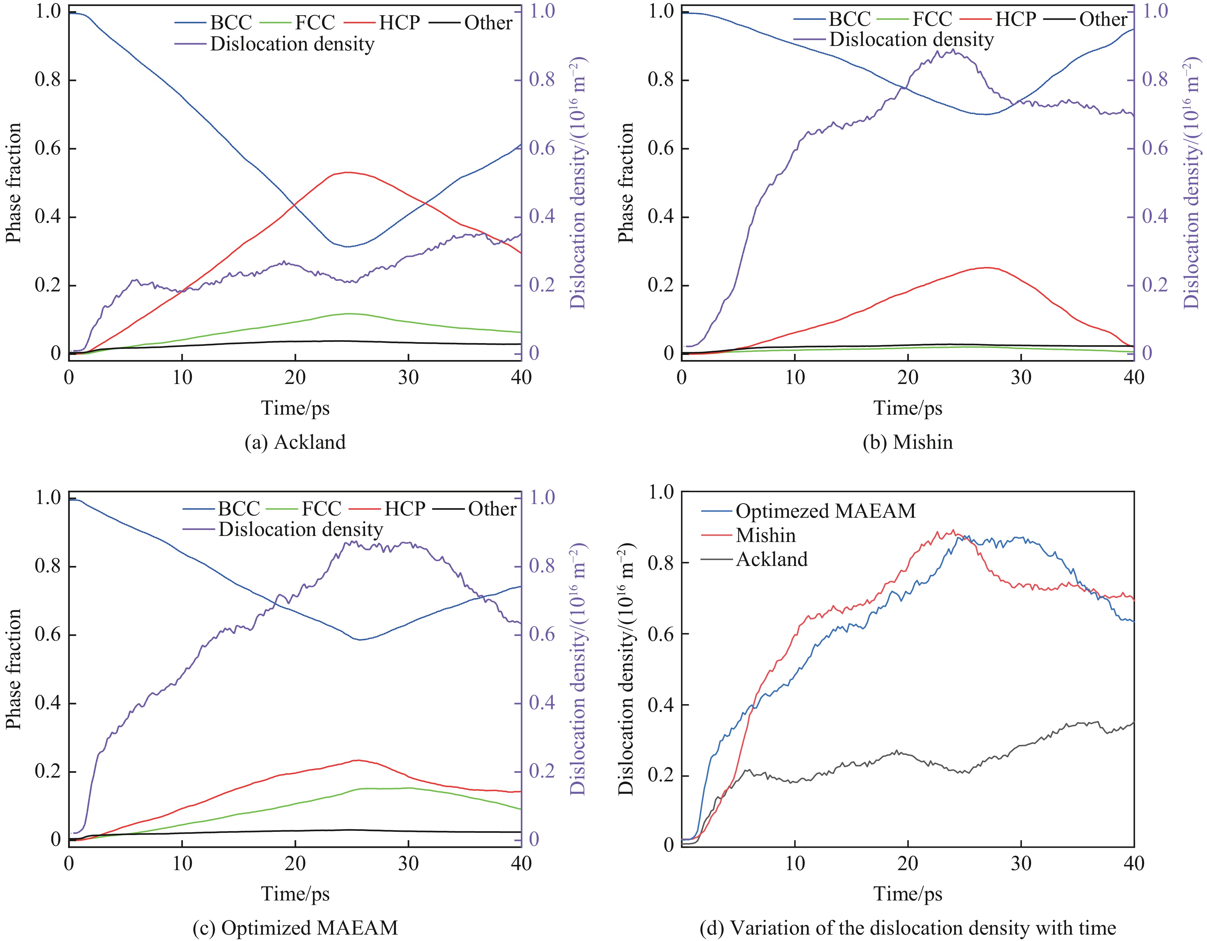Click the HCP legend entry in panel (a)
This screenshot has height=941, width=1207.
(x=399, y=23)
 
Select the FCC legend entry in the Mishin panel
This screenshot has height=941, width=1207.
(x=932, y=19)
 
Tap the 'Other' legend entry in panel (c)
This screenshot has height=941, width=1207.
(x=492, y=508)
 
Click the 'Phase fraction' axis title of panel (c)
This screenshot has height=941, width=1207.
(x=13, y=669)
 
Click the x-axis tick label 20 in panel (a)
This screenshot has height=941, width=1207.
(x=295, y=378)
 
